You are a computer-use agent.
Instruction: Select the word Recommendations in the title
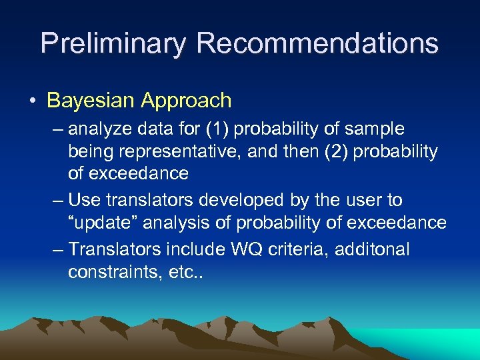[317, 43]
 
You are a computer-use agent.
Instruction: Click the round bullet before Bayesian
[33, 101]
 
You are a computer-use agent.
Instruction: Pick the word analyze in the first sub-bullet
[100, 129]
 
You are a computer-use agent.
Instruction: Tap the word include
[198, 249]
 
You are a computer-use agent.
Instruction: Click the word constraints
[111, 272]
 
